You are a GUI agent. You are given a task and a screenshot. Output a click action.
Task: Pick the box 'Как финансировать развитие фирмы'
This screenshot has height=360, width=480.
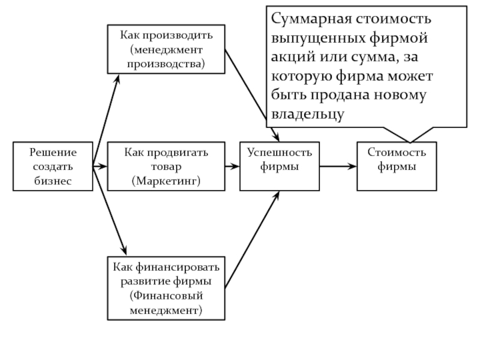tap(166, 287)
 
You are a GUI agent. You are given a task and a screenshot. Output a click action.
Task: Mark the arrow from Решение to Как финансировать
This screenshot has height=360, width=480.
tap(110, 210)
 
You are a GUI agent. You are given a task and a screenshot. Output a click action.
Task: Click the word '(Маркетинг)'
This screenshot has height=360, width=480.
tap(166, 180)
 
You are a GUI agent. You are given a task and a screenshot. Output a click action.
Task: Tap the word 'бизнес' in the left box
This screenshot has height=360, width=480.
tap(53, 180)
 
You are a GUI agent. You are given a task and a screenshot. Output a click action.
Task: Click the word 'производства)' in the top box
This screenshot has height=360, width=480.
tap(166, 62)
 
